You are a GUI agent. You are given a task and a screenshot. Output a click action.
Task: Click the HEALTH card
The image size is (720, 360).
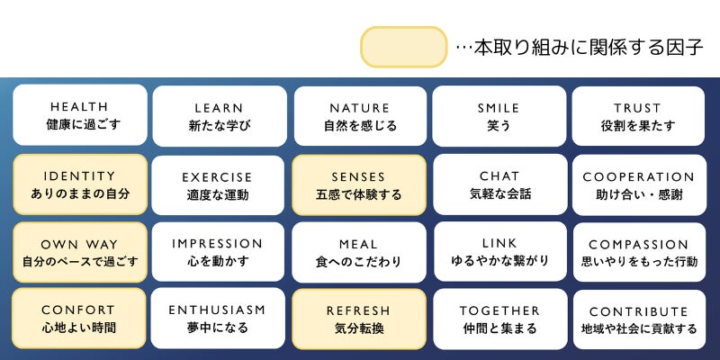79,115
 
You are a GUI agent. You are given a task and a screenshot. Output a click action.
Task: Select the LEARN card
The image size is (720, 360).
220,115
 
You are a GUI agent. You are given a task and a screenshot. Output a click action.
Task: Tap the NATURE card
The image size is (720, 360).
359,115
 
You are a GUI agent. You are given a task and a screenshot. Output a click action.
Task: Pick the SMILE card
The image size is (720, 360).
499,115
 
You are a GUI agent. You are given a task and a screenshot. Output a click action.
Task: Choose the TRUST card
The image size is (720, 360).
638,115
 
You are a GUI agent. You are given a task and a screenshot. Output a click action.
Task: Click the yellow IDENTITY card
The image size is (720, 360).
79,184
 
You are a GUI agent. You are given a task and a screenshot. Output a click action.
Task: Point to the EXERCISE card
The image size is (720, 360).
220,184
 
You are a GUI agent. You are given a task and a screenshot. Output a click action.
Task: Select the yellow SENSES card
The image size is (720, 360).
359,184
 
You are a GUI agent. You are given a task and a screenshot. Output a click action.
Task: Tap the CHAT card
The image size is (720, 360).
499,184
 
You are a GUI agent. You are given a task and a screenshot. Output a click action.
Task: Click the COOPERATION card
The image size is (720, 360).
638,184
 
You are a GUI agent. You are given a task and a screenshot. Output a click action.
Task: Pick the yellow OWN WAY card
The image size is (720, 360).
79,252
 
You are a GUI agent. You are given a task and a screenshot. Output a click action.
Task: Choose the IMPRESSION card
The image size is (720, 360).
220,252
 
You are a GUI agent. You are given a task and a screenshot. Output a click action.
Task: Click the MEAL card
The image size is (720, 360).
359,252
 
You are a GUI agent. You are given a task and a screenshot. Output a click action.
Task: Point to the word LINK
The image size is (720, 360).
499,244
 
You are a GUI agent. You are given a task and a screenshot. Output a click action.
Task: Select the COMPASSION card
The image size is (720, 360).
638,252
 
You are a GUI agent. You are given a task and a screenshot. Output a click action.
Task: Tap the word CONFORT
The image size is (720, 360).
79,310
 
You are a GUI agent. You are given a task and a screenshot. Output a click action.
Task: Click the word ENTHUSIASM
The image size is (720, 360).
218,310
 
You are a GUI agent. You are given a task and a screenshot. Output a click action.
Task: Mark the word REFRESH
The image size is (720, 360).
358,310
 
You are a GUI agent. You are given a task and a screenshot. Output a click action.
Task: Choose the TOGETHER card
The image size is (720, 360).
499,319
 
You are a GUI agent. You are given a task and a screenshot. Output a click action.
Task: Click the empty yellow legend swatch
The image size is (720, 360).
404,47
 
